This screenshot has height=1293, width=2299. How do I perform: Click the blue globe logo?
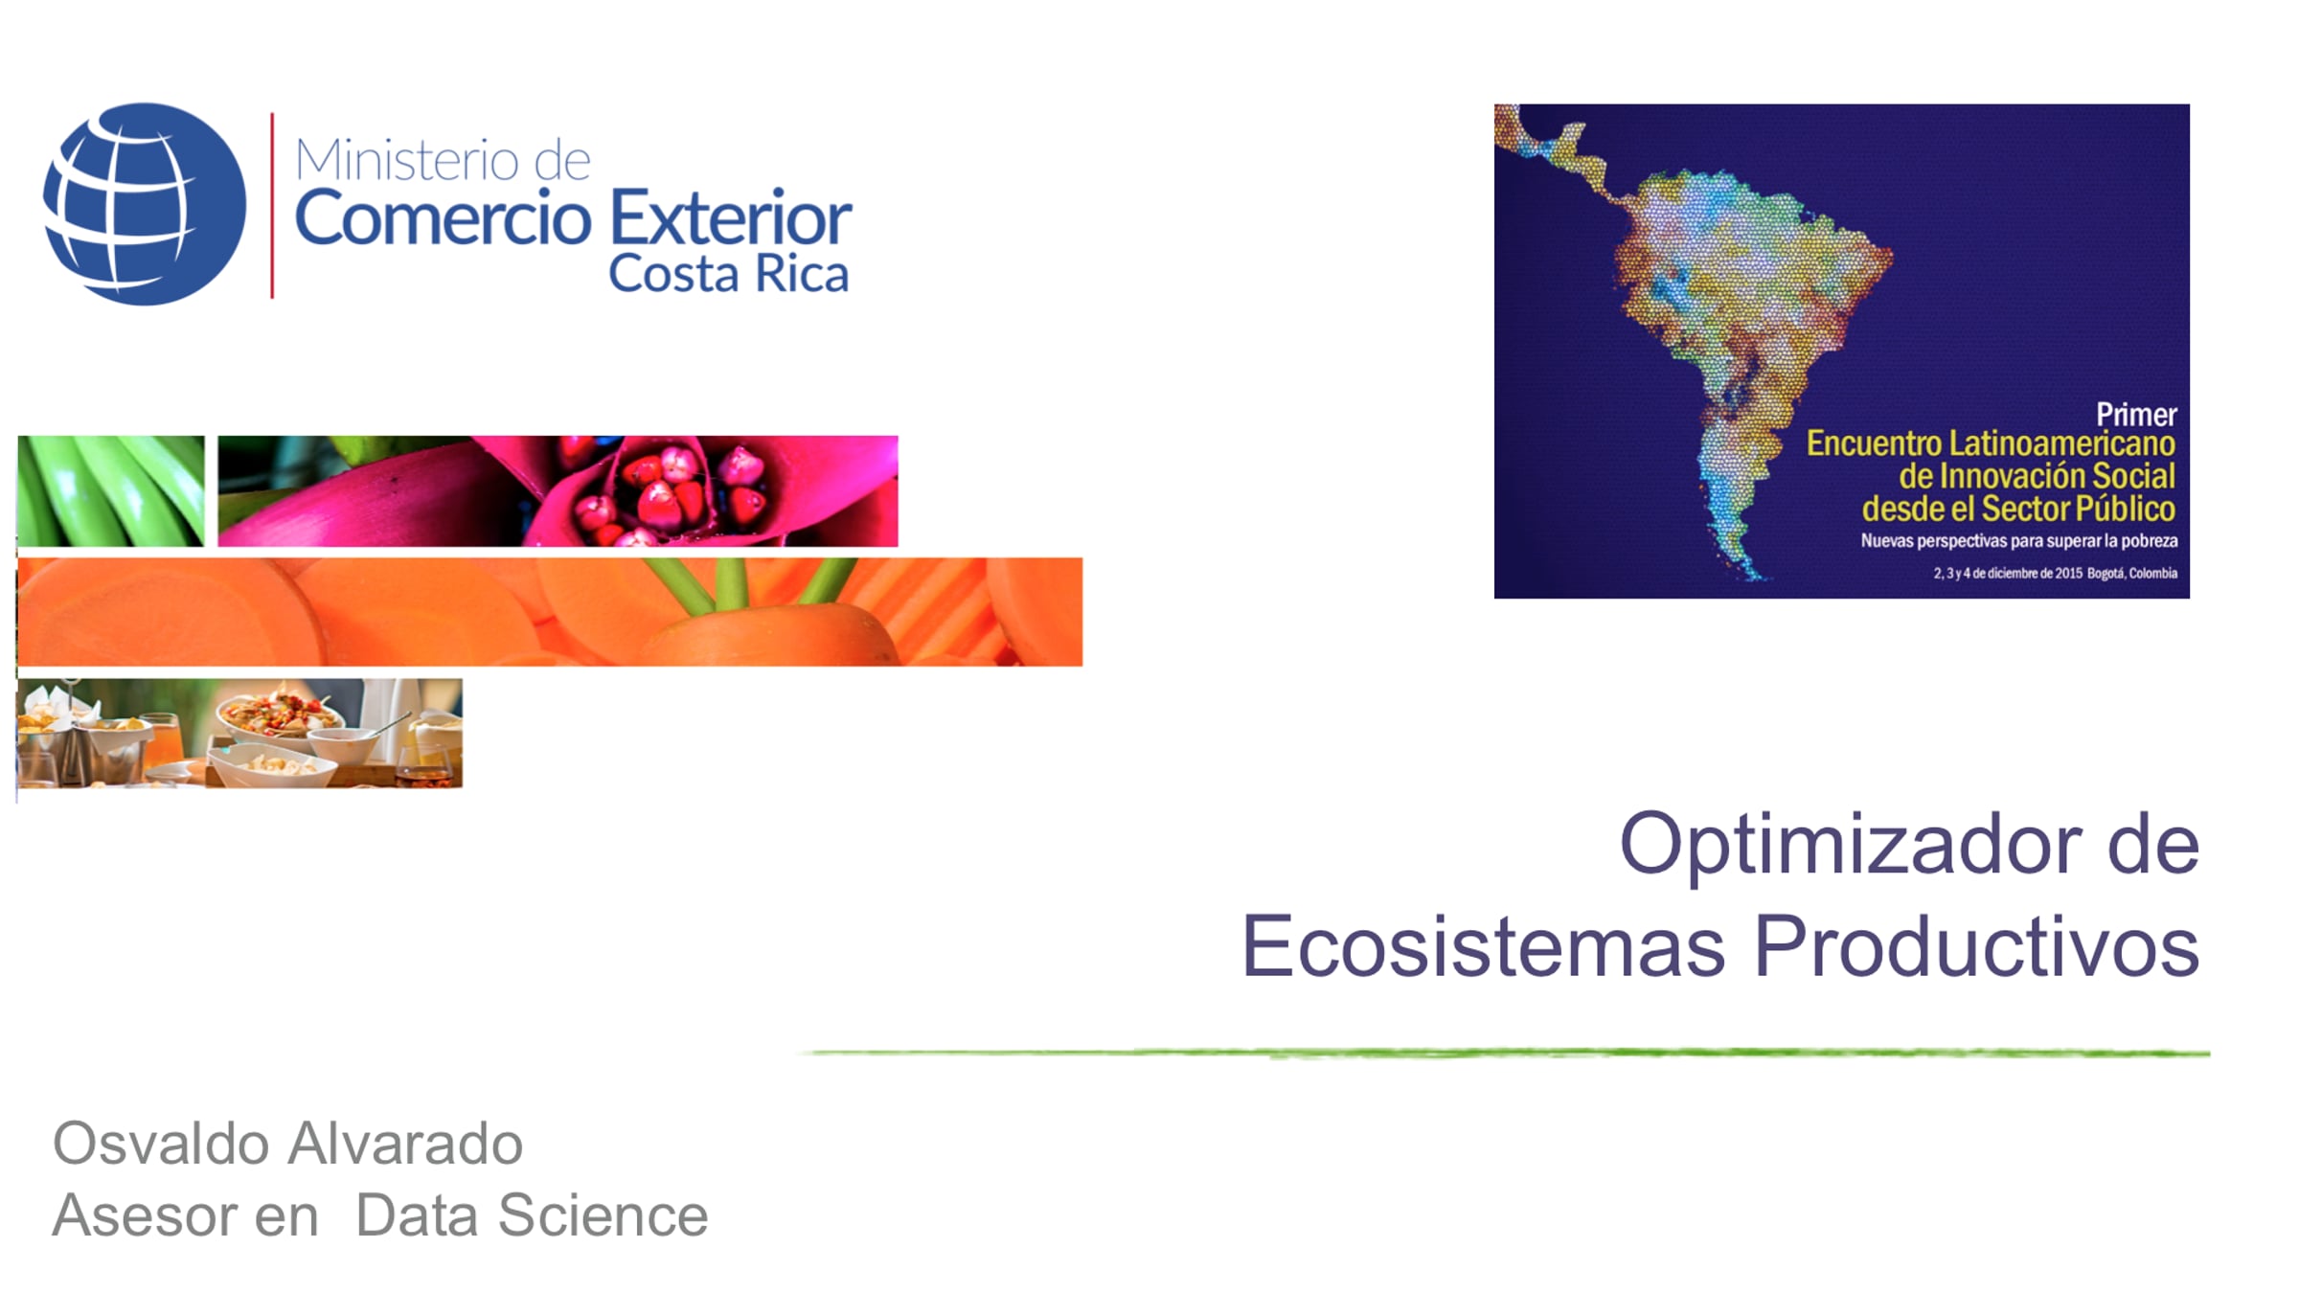[145, 204]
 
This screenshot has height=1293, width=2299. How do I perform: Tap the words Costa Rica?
[729, 274]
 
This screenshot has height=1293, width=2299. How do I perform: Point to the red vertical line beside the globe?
[272, 205]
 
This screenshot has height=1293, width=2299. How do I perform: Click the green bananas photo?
[111, 491]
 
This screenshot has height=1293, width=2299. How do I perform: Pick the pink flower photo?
[558, 491]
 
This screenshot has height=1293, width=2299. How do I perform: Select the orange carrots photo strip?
[550, 612]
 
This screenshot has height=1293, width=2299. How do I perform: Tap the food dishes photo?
[239, 734]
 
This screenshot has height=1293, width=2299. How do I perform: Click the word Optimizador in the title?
[1850, 846]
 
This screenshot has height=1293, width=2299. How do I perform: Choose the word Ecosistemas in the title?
[1484, 946]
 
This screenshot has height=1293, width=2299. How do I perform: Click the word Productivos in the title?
[1976, 946]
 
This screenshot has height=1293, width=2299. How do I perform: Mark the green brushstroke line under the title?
[1504, 1053]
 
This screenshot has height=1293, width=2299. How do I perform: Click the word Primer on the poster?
[2136, 415]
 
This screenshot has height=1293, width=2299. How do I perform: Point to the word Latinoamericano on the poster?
[2062, 443]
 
